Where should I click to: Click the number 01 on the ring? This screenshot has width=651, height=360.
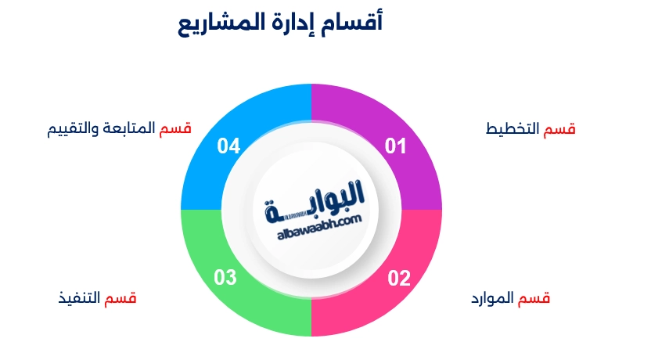click(395, 146)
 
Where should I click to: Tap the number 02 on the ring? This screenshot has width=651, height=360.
click(399, 278)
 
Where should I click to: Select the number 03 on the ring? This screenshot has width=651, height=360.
click(225, 277)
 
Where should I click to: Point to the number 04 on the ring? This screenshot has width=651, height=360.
click(228, 146)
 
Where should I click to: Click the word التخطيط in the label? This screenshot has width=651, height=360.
click(513, 128)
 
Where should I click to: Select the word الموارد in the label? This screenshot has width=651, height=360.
click(492, 298)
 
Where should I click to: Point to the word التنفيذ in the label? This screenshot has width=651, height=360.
click(79, 298)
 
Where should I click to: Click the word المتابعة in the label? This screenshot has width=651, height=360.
click(128, 128)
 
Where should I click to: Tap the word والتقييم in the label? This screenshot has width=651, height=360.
click(73, 128)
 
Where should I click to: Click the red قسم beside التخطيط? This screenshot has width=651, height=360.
click(559, 129)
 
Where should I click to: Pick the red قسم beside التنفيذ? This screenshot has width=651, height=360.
click(120, 298)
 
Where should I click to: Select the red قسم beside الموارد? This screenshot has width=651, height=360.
click(534, 298)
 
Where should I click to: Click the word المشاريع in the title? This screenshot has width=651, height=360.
click(216, 23)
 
